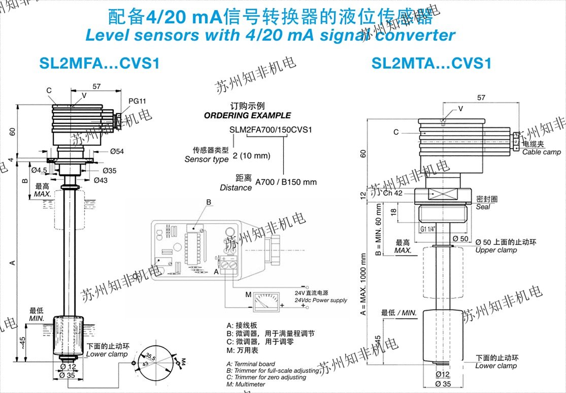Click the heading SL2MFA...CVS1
point(99,63)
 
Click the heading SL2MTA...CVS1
point(431,63)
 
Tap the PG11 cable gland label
point(137,101)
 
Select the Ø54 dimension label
point(117,151)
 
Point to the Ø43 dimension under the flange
point(101,180)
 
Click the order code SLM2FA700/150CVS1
point(271,129)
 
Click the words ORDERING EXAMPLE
point(248,116)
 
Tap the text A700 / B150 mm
point(286,182)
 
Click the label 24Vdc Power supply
point(321,300)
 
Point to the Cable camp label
point(542,152)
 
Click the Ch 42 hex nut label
point(393,193)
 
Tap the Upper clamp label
point(496,250)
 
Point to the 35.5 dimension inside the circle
point(151,356)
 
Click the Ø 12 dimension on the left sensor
point(69,367)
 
